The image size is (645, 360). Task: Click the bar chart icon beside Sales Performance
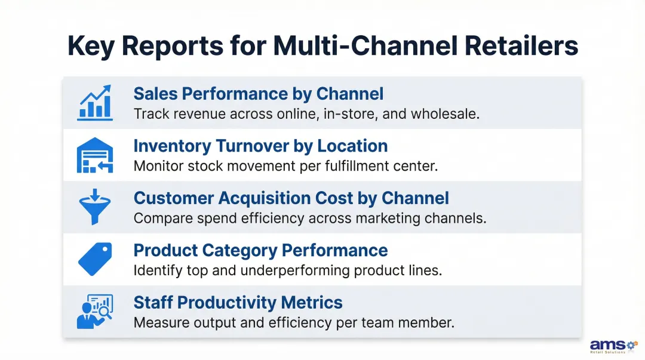point(95,103)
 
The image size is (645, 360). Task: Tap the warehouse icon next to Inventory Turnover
point(95,155)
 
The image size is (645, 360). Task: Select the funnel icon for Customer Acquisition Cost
point(95,207)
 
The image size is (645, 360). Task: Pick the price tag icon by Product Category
point(95,259)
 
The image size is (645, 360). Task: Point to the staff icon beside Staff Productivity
point(95,311)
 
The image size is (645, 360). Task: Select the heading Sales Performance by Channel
point(258,94)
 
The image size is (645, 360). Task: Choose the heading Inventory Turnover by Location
point(260,146)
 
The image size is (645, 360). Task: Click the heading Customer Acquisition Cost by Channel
point(291,198)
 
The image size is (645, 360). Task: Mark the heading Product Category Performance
point(260,250)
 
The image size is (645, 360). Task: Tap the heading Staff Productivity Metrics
point(238,302)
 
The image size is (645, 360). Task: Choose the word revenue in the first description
point(192,113)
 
